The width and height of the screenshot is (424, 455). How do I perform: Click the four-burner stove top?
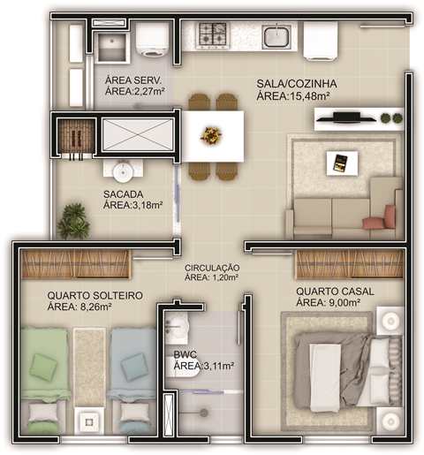(x=213, y=35)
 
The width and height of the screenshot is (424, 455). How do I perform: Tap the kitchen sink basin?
(x=276, y=36)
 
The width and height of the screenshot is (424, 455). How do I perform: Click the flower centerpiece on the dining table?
(x=211, y=135)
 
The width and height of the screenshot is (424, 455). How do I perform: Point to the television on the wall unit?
(x=346, y=118)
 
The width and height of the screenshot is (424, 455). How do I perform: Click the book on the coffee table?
(x=340, y=163)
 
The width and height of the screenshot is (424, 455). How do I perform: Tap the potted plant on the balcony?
(x=73, y=221)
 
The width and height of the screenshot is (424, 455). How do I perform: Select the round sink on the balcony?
(x=124, y=173)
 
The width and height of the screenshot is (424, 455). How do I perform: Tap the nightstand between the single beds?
(x=89, y=421)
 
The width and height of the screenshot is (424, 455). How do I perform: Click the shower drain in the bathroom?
(x=204, y=413)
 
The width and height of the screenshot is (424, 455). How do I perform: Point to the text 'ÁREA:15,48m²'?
(x=293, y=96)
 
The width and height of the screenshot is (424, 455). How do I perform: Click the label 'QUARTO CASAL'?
(x=335, y=292)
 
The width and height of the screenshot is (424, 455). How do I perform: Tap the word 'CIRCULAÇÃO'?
(x=212, y=268)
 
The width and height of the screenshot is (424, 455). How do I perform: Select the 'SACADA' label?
(x=124, y=194)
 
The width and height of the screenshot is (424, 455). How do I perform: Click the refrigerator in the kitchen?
(x=321, y=41)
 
